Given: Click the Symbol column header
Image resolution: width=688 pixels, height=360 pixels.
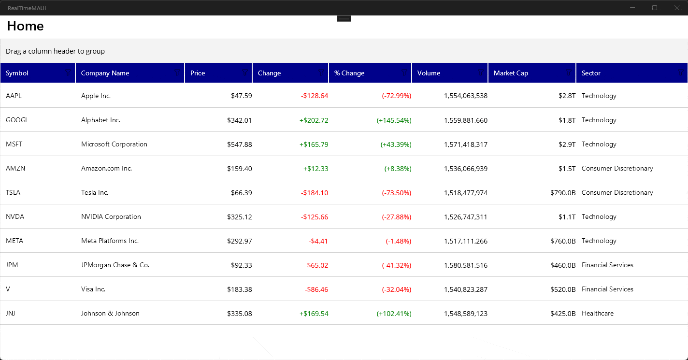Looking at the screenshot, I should (17, 73).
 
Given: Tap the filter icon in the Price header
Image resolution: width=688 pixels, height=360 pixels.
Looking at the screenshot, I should (245, 72).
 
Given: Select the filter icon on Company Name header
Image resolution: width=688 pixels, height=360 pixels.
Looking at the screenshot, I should (178, 72).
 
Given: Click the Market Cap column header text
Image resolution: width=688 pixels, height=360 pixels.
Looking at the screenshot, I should (511, 73).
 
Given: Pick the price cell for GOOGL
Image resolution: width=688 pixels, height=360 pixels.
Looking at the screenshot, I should (239, 120).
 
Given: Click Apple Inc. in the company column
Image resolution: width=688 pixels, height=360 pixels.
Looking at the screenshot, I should (96, 96).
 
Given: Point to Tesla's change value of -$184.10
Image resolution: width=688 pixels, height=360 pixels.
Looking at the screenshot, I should (315, 192).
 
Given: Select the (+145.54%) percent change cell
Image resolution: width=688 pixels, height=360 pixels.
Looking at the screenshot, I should (394, 120).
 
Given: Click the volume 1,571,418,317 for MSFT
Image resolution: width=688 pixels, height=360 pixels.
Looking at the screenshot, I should (465, 144).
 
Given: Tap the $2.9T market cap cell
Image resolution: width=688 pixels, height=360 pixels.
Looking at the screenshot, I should (567, 144).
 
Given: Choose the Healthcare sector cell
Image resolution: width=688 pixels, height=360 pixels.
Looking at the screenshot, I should (597, 313).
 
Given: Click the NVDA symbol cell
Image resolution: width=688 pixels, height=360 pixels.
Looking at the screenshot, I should (15, 216).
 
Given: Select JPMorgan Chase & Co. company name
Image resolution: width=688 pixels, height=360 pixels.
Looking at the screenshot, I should (115, 265).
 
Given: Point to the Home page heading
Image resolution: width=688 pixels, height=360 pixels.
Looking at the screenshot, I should (25, 26).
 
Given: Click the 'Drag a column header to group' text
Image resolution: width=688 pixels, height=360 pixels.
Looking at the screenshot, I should (55, 51).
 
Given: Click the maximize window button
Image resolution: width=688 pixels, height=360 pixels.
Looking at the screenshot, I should (655, 8).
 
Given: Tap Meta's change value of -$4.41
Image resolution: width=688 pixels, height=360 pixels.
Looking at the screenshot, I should (318, 241).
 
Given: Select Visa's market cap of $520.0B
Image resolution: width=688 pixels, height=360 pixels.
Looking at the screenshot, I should (563, 289).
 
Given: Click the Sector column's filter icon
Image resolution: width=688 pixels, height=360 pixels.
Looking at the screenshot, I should (681, 72).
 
